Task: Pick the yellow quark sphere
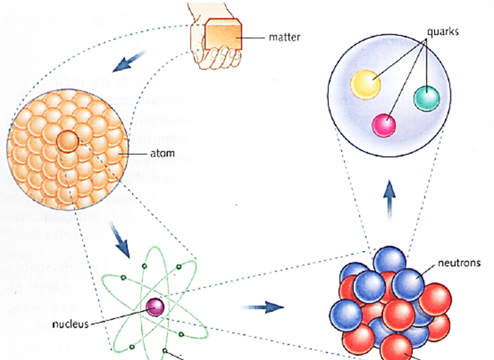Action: point(365,84)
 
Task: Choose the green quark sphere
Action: point(427,98)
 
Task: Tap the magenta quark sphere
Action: point(384,125)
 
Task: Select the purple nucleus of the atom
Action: point(154,307)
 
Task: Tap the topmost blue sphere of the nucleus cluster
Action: point(390,259)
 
